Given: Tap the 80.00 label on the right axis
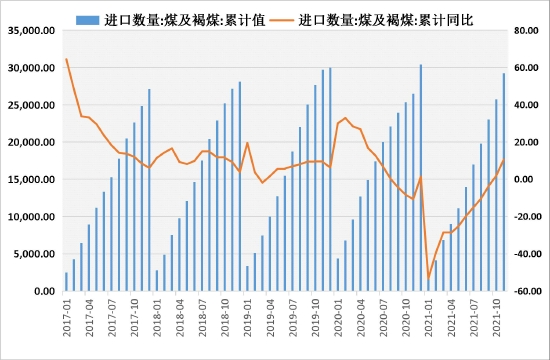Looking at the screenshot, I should click(x=526, y=31).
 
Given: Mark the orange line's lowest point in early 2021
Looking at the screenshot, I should click(x=428, y=278).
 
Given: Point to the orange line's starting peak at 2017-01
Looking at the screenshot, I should click(x=67, y=59).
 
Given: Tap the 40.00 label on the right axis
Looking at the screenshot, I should click(x=524, y=105).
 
